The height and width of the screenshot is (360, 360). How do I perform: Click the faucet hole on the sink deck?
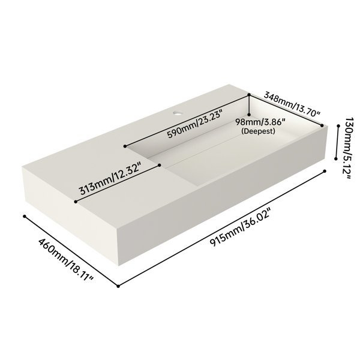[x=178, y=113]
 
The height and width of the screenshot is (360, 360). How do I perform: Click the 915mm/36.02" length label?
[x=241, y=227]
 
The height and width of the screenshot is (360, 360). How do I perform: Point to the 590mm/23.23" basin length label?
[x=194, y=124]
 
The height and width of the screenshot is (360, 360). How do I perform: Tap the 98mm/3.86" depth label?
[x=260, y=122]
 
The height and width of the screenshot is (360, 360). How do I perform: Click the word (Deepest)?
[x=258, y=131]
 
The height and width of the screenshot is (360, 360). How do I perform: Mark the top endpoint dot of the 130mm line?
[x=338, y=126]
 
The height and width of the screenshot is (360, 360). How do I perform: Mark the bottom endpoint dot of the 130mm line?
[x=336, y=158]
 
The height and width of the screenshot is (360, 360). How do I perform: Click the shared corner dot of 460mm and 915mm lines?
[x=118, y=286]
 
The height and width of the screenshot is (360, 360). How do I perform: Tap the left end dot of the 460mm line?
[x=25, y=216]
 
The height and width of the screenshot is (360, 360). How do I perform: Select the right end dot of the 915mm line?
[x=325, y=171]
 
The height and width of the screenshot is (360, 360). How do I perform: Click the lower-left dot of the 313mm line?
[x=76, y=202]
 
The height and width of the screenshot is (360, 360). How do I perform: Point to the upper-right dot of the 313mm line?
[x=160, y=165]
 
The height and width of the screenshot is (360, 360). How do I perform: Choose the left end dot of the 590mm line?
[x=125, y=146]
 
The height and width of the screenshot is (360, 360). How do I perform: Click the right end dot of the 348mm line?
[x=322, y=125]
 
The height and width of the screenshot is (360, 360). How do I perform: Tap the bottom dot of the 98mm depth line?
[x=249, y=115]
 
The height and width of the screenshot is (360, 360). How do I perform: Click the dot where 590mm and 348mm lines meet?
[x=249, y=94]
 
